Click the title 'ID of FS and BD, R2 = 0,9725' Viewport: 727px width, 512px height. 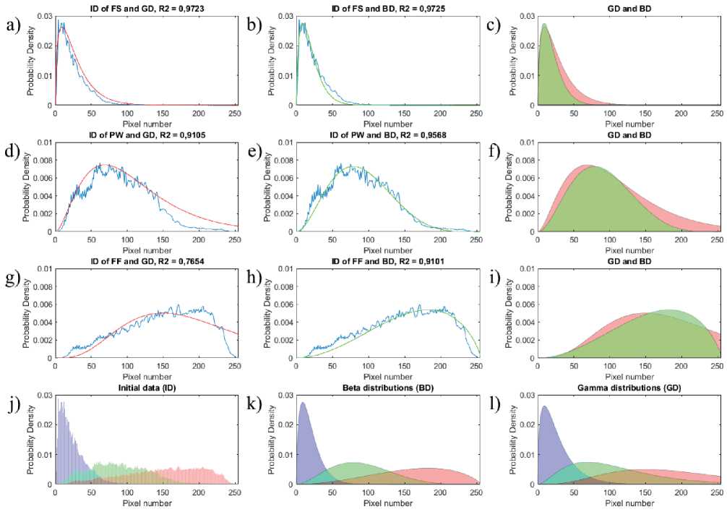pos(386,8)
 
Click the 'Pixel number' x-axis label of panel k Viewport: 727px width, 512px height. pos(386,503)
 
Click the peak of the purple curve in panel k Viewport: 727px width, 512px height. pos(303,403)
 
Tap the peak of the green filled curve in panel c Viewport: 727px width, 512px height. pos(544,25)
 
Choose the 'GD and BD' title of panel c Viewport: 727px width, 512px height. pos(627,8)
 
